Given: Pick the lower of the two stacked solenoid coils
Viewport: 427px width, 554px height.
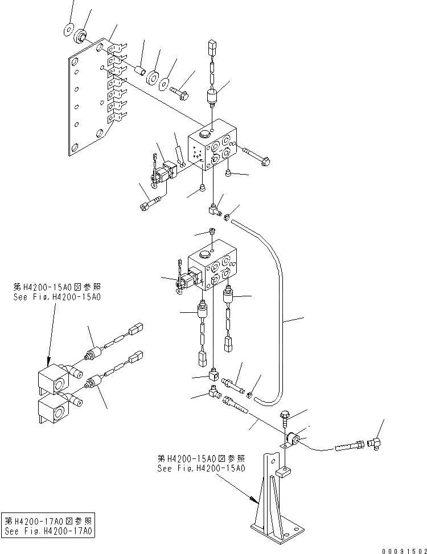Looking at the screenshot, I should pyautogui.click(x=52, y=408).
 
